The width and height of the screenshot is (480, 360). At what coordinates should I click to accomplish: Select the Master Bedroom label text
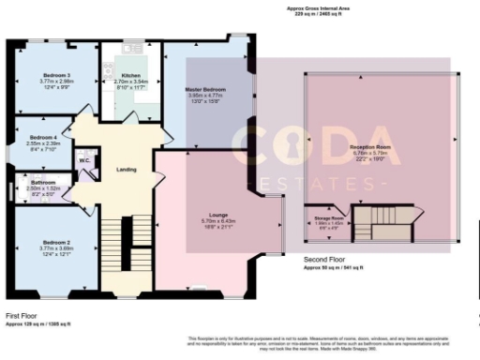click(204, 88)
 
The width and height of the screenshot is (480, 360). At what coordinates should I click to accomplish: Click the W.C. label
click(84, 160)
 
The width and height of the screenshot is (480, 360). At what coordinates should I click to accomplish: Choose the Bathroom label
click(42, 181)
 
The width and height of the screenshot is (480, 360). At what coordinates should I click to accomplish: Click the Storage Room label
click(329, 217)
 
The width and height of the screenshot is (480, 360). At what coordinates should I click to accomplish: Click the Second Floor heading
click(324, 260)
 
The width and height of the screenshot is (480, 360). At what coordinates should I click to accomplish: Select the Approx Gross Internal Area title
click(319, 8)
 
